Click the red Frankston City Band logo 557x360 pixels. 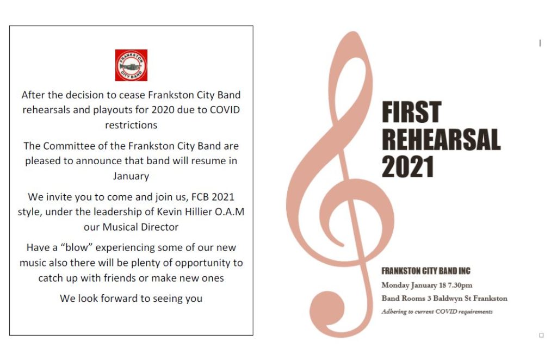point(131,65)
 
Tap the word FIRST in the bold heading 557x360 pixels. point(411,112)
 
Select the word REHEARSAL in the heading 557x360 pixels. point(441,140)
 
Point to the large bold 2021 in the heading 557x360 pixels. point(408,166)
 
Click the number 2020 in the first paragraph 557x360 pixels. point(163,110)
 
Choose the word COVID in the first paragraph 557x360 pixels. point(225,110)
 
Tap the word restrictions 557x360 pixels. point(131,125)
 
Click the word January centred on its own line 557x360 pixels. point(131,176)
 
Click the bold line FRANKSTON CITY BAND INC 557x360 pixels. point(426,271)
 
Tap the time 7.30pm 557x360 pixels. point(460,285)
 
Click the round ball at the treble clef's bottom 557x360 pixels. point(327,308)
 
